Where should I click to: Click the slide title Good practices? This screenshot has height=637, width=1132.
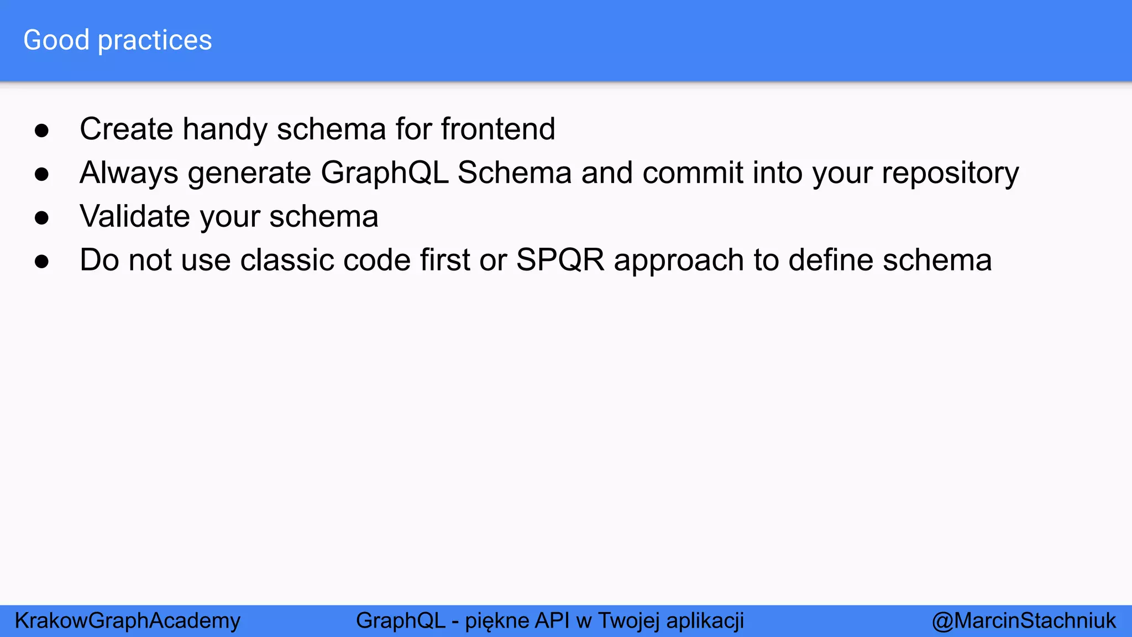tap(117, 40)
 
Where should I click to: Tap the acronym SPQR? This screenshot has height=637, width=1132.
tap(560, 260)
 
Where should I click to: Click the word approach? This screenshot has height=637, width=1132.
tap(679, 261)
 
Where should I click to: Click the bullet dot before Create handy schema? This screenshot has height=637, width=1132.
tap(41, 131)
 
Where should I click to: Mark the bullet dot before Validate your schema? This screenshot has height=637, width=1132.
tap(41, 218)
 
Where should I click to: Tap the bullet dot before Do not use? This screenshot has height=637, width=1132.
tap(41, 262)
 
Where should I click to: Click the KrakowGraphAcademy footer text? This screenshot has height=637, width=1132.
tap(128, 621)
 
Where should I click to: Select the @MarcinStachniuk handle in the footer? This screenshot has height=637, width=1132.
tap(1024, 621)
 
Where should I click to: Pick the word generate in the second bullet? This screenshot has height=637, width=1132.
tap(249, 174)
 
